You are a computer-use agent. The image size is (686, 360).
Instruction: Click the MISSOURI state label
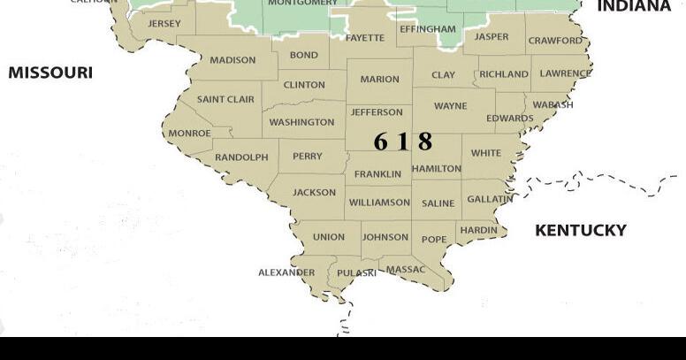pos(50,73)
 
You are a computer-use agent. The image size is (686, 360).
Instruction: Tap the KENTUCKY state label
pos(581,230)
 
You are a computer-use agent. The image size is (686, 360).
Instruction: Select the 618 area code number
pos(402,141)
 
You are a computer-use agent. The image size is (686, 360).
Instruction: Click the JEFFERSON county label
pos(377,112)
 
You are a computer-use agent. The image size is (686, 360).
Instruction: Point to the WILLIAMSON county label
pos(379,203)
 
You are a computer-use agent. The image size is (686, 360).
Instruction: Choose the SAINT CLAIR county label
pos(225,99)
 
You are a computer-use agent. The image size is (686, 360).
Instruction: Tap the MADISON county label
pos(232,61)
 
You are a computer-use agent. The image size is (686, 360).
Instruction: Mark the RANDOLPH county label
pos(241,157)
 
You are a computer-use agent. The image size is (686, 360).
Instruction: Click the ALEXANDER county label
pos(286,272)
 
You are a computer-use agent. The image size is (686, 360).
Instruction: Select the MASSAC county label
pos(406,269)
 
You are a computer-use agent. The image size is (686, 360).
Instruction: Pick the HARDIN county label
pos(479,230)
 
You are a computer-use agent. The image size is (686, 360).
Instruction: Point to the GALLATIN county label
pos(490,199)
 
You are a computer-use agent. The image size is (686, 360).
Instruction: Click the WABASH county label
pos(553,104)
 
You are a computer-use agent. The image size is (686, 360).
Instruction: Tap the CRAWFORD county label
pos(556,41)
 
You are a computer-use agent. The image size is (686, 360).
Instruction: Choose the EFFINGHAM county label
pos(428,29)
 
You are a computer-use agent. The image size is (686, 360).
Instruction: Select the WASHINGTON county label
pos(301,122)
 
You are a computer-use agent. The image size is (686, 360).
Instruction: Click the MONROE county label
pos(189,134)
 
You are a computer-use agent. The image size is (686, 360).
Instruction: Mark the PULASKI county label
pos(357,273)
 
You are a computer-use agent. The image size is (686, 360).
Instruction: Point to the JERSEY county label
pos(164,24)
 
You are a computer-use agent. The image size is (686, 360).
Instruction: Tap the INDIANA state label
pos(634,7)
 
